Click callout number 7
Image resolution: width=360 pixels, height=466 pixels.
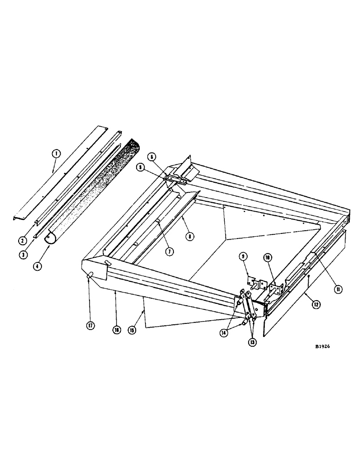(x=169, y=251)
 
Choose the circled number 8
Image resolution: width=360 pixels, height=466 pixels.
(x=189, y=236)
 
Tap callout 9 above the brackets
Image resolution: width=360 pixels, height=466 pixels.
(x=243, y=256)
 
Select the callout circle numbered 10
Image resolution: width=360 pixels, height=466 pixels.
(x=267, y=257)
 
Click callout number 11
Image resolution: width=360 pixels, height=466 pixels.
(x=338, y=289)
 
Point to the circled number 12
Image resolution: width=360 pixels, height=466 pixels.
(x=316, y=305)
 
